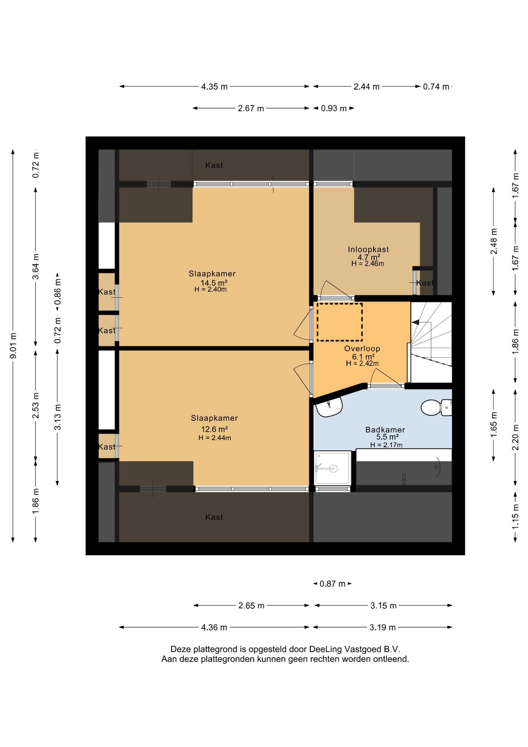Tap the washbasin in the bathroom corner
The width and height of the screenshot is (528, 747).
point(329,407)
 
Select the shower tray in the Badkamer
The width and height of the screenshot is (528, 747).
point(332,468)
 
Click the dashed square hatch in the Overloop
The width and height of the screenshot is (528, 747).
point(339,322)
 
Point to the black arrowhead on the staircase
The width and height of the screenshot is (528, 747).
point(415,322)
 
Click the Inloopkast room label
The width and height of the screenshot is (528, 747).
point(368,249)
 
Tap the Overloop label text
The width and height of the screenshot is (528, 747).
point(362,349)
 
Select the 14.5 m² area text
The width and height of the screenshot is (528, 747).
point(214,283)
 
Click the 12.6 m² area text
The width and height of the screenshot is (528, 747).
point(214,429)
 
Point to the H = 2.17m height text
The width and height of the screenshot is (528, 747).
point(386,445)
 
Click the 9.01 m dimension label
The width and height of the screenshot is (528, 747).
point(13,346)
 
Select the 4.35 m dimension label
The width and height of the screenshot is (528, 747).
point(214,87)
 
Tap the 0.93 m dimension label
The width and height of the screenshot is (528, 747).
point(334,109)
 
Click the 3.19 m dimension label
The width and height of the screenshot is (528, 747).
point(383,627)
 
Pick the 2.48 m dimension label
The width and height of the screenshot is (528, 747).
point(493,241)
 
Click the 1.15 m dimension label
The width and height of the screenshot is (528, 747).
point(515,516)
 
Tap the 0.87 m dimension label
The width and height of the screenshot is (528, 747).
point(332,584)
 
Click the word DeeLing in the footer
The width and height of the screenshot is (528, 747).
point(325,649)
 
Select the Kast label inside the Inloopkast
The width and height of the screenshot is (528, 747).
point(425,283)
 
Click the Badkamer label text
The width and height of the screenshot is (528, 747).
point(385,430)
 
